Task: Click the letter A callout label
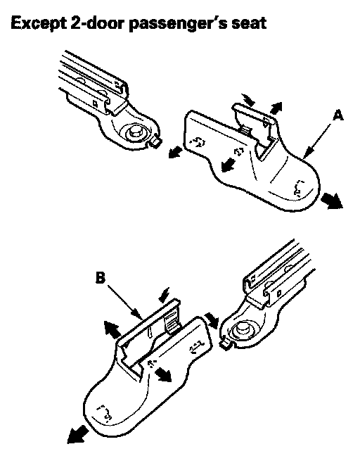click(x=338, y=115)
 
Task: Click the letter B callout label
click(x=101, y=277)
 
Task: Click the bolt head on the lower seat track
click(x=243, y=329)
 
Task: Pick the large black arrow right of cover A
click(x=332, y=201)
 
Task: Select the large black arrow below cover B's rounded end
click(x=77, y=435)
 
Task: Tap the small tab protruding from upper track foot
click(x=156, y=141)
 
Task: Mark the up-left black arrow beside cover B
click(x=112, y=329)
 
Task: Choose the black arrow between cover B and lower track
click(x=212, y=320)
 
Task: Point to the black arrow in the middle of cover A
click(x=228, y=165)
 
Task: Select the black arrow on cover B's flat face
click(x=163, y=374)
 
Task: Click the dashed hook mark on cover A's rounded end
click(x=299, y=188)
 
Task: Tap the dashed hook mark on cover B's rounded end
click(x=105, y=413)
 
